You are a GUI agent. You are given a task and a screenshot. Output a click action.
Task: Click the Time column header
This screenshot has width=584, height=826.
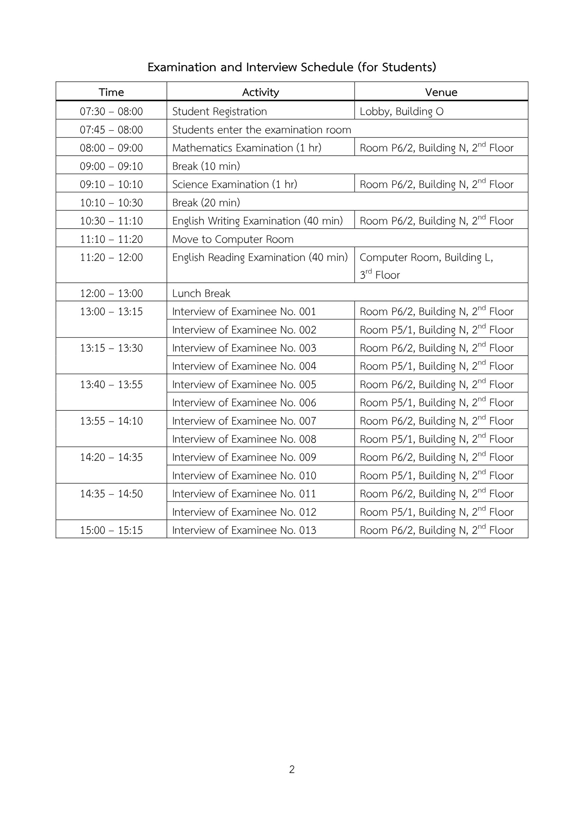[111, 92]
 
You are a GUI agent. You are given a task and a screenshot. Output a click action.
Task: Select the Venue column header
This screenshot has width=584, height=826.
[441, 92]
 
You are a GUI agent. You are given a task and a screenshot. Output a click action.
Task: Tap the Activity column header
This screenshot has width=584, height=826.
[260, 92]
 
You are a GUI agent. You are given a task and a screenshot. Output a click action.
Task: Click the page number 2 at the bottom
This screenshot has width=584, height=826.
[292, 769]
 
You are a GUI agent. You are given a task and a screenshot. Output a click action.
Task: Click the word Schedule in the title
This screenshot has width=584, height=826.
[327, 67]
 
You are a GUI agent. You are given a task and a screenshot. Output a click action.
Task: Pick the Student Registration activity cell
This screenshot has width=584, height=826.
[219, 111]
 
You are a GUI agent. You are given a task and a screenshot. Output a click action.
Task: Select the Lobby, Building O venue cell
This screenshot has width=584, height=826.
[401, 111]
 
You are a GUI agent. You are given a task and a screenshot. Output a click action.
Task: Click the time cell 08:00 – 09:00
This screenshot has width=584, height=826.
[111, 148]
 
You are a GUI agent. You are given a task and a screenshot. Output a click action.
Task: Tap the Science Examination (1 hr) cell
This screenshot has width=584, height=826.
[234, 184]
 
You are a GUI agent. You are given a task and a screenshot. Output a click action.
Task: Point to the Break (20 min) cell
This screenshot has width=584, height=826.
[206, 203]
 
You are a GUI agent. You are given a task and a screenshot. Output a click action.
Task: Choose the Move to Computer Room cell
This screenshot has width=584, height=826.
[233, 239]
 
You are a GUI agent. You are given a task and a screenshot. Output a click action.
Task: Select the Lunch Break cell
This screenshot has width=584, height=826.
[201, 293]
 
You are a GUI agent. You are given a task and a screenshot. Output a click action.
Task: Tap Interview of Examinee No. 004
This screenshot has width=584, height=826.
[244, 366]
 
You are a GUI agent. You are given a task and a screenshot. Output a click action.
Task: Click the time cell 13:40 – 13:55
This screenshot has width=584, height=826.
[111, 384]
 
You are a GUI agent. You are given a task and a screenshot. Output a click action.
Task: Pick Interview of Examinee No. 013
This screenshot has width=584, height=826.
[244, 530]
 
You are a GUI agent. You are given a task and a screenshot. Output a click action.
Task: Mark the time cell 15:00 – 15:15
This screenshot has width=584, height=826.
[111, 530]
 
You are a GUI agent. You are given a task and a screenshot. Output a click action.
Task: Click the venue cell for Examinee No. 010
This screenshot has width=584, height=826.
[436, 475]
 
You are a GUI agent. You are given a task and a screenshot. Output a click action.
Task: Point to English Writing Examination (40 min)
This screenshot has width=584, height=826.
[257, 220]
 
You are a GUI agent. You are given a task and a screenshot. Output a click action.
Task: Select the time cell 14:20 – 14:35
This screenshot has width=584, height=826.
[111, 457]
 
